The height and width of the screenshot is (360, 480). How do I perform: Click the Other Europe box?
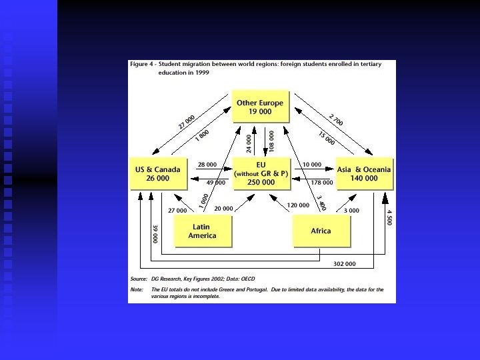[260, 107]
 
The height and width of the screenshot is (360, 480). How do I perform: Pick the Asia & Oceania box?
[365, 173]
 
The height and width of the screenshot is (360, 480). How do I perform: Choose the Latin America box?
[203, 231]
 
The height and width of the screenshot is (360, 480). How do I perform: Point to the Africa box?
[321, 231]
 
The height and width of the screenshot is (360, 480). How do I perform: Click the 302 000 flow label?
[344, 264]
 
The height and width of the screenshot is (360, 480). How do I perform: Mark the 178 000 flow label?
[322, 183]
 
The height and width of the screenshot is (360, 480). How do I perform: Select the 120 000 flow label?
[299, 205]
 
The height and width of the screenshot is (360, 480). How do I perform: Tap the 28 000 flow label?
[207, 165]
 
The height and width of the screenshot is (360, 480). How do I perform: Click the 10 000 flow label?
[312, 165]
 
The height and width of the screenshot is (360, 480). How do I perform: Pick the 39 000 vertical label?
[155, 233]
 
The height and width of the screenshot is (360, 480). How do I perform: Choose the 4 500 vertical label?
[389, 217]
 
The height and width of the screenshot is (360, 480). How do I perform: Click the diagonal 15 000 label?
[326, 138]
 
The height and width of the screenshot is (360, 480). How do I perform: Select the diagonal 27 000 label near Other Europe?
[187, 123]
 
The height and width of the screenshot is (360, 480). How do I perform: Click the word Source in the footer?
[139, 278]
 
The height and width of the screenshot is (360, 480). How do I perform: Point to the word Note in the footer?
[137, 289]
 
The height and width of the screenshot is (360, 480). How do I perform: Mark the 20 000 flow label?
[224, 209]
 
